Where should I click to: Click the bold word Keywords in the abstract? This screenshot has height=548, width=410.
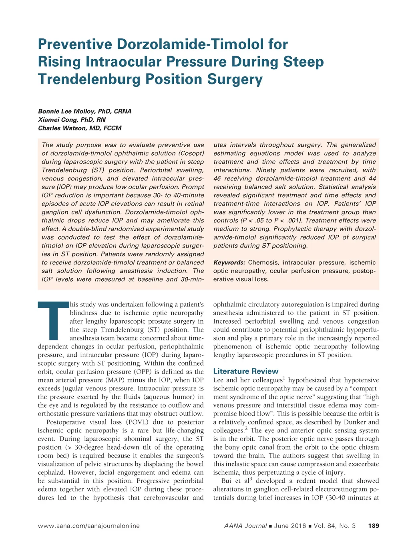[x=229, y=262]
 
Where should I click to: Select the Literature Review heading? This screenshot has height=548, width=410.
[x=245, y=371]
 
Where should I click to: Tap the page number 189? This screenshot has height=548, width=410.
[x=373, y=526]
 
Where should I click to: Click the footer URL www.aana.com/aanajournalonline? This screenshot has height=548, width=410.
[x=88, y=526]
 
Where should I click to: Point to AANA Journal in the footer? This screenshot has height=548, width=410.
[x=245, y=526]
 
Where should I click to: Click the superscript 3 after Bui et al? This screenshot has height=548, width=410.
[x=251, y=479]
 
